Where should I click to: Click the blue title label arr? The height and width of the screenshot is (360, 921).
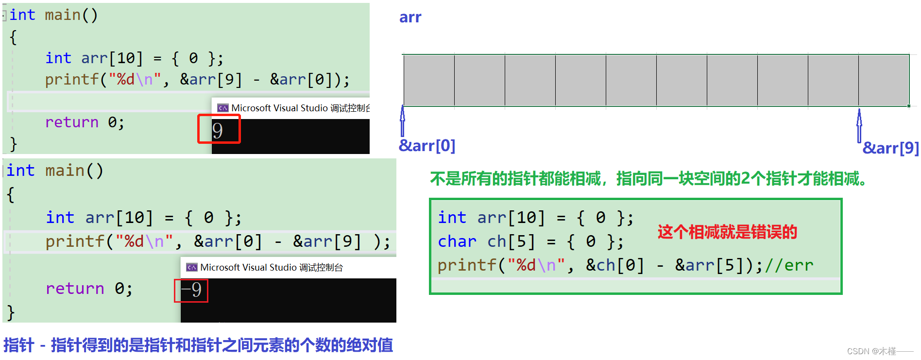click(x=410, y=17)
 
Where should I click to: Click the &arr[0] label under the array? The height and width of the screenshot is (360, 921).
click(x=427, y=145)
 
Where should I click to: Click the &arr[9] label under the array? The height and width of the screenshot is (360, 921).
click(x=890, y=148)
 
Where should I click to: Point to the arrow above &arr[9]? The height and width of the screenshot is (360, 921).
click(x=859, y=125)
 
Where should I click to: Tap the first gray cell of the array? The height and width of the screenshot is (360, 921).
click(x=429, y=80)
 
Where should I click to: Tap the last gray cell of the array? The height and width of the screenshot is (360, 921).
click(x=884, y=80)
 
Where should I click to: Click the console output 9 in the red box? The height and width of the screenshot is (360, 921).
click(x=218, y=130)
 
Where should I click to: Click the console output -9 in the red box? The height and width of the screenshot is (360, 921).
click(x=191, y=290)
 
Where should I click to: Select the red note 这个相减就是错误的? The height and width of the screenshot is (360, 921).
click(x=727, y=232)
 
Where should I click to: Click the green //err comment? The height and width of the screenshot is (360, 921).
click(x=789, y=265)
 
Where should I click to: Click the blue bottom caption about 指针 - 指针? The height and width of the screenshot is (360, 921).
click(x=198, y=345)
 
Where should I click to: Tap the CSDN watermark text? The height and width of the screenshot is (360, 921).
click(x=879, y=351)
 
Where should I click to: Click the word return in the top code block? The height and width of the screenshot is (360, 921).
click(x=71, y=122)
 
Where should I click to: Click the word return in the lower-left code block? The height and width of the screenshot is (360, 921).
click(x=75, y=289)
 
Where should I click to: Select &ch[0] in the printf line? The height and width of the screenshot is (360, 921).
click(x=615, y=265)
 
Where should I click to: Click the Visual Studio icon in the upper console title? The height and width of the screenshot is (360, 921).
click(x=223, y=108)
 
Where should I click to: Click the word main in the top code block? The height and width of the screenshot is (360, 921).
click(x=63, y=15)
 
